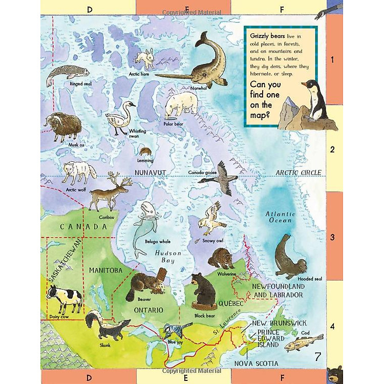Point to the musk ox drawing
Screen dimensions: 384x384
pyautogui.click(x=62, y=127)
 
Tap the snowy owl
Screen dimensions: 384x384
pyautogui.click(x=210, y=220)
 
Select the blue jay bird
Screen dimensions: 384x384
pyautogui.click(x=173, y=330)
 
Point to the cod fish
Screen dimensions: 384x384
pyautogui.click(x=304, y=342)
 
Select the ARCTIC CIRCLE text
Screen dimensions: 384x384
pyautogui.click(x=298, y=173)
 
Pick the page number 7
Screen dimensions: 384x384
pyautogui.click(x=317, y=357)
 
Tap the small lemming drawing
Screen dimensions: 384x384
pyautogui.click(x=145, y=152)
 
